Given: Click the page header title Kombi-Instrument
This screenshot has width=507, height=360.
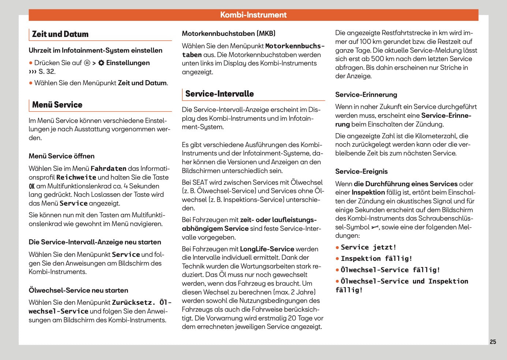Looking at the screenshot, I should [x=253, y=15].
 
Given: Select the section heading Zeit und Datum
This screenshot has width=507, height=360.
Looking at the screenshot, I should [x=60, y=34].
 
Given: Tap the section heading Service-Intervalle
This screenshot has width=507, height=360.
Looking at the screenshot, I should [x=219, y=94].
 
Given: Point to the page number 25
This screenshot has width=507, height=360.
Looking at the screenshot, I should [x=493, y=342].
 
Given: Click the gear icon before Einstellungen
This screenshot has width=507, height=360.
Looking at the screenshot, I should [x=101, y=63].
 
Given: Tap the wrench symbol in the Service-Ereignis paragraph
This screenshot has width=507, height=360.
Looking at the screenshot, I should [x=375, y=228].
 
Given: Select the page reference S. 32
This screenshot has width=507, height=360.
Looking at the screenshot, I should [x=46, y=72].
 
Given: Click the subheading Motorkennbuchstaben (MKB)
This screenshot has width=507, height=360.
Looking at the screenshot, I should [x=228, y=34].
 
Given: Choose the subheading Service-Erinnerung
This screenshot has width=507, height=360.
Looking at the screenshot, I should [x=366, y=95].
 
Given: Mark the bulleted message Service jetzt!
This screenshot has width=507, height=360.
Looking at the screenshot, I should [x=368, y=247].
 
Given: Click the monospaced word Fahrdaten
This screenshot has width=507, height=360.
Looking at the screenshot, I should [x=108, y=169].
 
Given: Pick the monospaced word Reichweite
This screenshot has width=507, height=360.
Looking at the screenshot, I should [x=76, y=177].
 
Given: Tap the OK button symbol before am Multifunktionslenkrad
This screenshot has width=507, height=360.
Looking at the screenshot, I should [x=32, y=186].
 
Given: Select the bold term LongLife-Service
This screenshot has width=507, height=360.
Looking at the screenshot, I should [x=267, y=249].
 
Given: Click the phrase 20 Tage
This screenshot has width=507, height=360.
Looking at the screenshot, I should [x=300, y=318].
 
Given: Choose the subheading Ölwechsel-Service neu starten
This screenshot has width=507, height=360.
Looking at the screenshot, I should [x=78, y=290].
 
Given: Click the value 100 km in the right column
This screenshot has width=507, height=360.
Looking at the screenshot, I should [x=371, y=42].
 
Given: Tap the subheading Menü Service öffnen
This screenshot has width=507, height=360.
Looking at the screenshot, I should [x=61, y=156].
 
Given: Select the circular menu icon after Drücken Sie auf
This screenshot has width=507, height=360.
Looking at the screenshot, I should [x=87, y=63].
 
